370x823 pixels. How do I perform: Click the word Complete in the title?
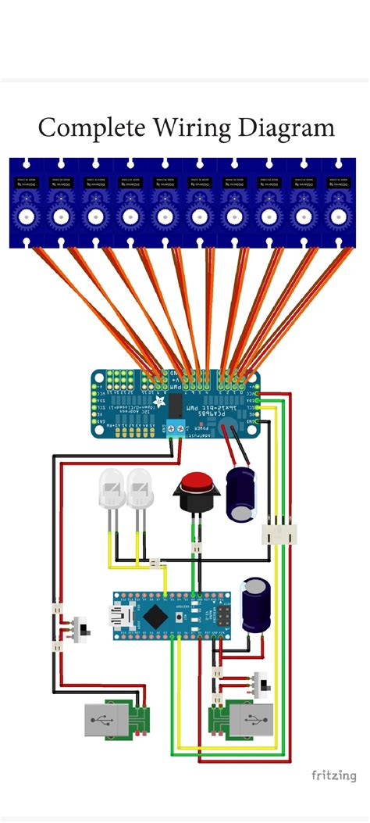click(83, 127)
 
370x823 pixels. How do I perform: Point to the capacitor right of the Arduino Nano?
click(255, 604)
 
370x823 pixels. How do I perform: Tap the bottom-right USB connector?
click(251, 720)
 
